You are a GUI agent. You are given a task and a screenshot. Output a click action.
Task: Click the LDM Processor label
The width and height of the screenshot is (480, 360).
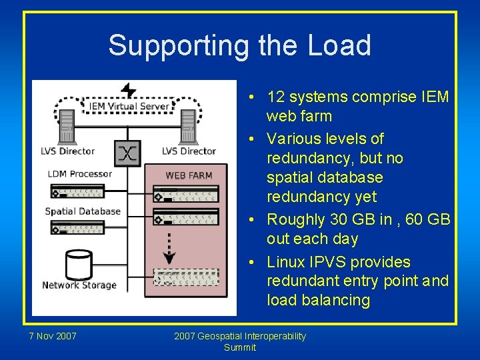pyautogui.click(x=80, y=174)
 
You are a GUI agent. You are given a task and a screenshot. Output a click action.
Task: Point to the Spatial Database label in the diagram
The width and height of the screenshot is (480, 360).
pyautogui.click(x=83, y=211)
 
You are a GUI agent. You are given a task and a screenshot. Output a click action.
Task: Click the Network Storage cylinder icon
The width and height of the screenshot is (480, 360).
pyautogui.click(x=79, y=265)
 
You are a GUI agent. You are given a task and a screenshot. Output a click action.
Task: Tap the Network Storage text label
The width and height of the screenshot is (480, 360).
pyautogui.click(x=79, y=285)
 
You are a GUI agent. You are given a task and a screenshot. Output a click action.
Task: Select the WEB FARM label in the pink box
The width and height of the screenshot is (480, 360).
pyautogui.click(x=189, y=176)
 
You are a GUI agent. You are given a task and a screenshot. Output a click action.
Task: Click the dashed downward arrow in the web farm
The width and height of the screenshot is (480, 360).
pyautogui.click(x=169, y=247)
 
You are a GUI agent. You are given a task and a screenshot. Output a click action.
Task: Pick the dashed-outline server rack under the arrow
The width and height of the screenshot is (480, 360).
pyautogui.click(x=185, y=276)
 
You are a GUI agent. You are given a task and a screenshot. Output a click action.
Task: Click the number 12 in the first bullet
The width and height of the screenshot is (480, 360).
pyautogui.click(x=276, y=97)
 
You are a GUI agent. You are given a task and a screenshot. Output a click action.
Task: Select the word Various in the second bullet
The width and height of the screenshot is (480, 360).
pyautogui.click(x=293, y=139)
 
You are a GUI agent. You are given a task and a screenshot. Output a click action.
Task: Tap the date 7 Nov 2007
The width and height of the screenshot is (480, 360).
pyautogui.click(x=53, y=336)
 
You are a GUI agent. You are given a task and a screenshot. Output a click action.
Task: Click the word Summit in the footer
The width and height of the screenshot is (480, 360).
pyautogui.click(x=240, y=347)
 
